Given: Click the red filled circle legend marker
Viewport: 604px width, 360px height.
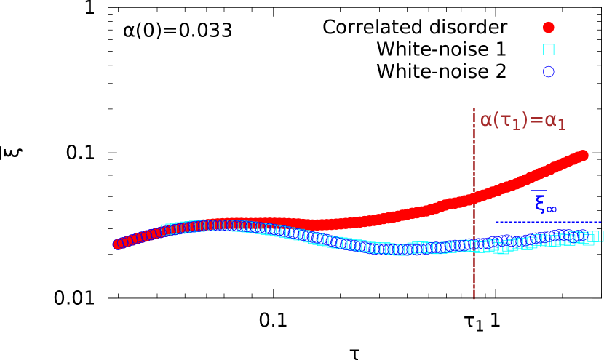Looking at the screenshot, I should [549, 28].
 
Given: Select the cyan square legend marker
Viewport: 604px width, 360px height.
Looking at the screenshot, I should [549, 49].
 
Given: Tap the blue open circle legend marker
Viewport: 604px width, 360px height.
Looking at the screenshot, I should [549, 72].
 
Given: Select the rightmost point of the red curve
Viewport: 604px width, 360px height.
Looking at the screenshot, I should [582, 155].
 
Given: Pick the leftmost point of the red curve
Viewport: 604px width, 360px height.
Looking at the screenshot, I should [118, 244].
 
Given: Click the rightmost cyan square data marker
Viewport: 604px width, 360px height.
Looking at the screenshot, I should [599, 236].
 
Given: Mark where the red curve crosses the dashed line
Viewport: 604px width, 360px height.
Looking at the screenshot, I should [474, 197].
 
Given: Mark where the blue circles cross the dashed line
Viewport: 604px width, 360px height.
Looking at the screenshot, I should [474, 245].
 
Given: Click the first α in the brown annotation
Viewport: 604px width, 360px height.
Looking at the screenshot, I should [487, 120].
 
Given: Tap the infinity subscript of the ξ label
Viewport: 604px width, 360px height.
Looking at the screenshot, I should [552, 209].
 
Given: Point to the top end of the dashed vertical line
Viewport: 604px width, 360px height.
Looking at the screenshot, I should [474, 109].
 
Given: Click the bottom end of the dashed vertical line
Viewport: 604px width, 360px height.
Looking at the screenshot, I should [474, 298].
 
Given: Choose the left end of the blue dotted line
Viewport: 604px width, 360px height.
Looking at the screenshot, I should [497, 222].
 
